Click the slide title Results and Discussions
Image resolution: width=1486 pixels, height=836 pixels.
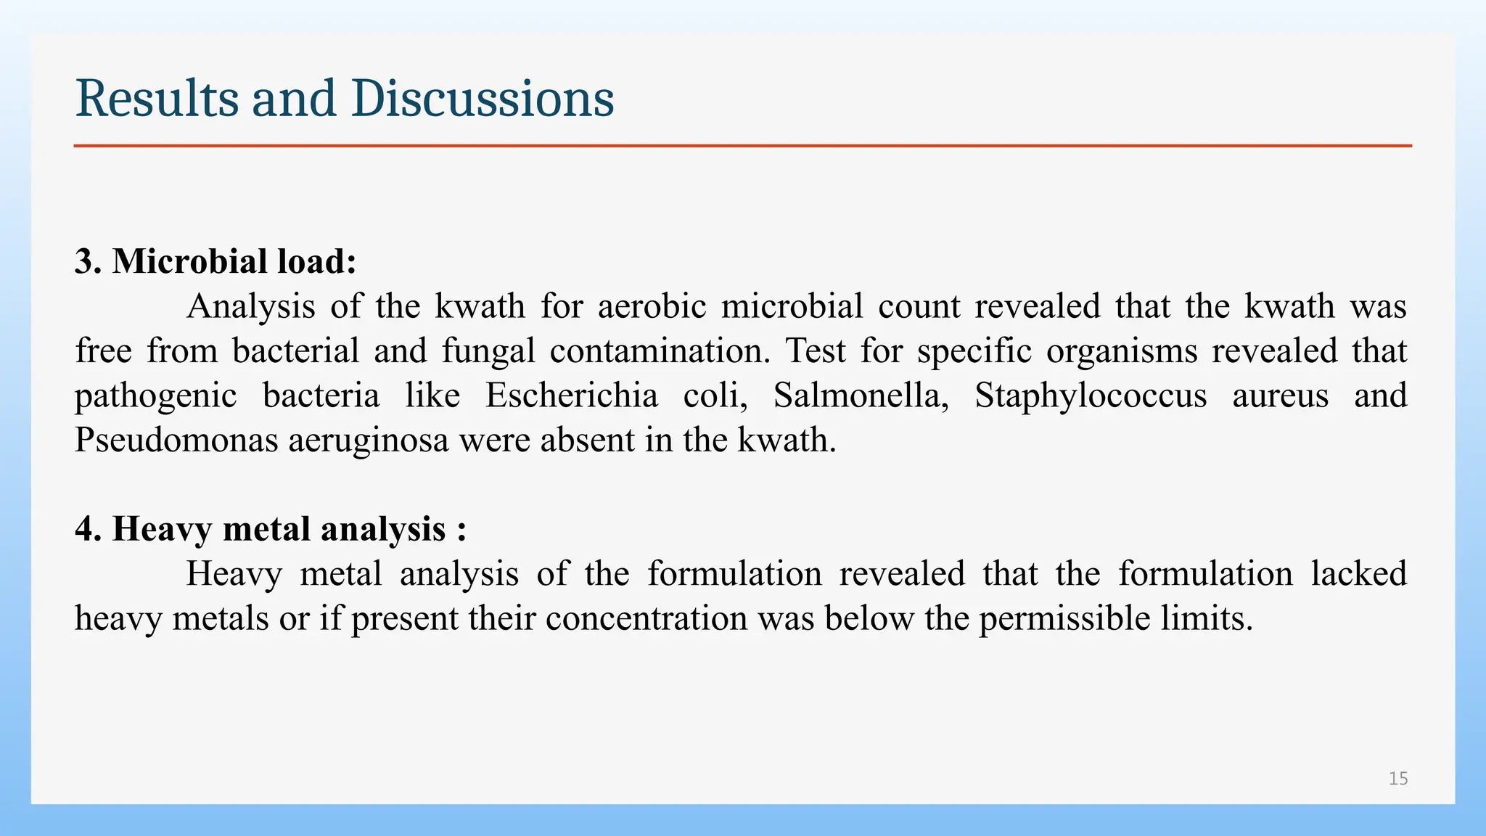pos(345,99)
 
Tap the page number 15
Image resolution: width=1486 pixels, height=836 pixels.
pos(1398,779)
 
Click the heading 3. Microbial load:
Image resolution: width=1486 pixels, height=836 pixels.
pos(215,261)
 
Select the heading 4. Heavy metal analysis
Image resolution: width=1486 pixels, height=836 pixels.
pos(270,528)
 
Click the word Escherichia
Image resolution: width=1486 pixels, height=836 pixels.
pos(572,396)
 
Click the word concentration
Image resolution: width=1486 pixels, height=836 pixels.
pos(646,618)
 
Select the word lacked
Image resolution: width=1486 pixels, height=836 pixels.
pos(1359,573)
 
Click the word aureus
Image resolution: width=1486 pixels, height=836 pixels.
pos(1281,396)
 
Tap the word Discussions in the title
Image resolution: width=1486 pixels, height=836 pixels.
pos(483,99)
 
